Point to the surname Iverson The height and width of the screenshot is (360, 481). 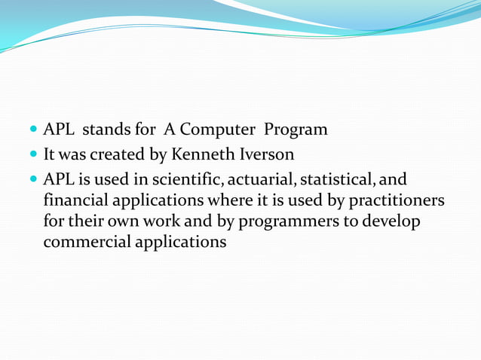265,154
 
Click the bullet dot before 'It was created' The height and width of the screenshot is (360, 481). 35,155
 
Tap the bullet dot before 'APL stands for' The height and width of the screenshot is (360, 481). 35,130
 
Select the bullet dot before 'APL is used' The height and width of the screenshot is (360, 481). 35,181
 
